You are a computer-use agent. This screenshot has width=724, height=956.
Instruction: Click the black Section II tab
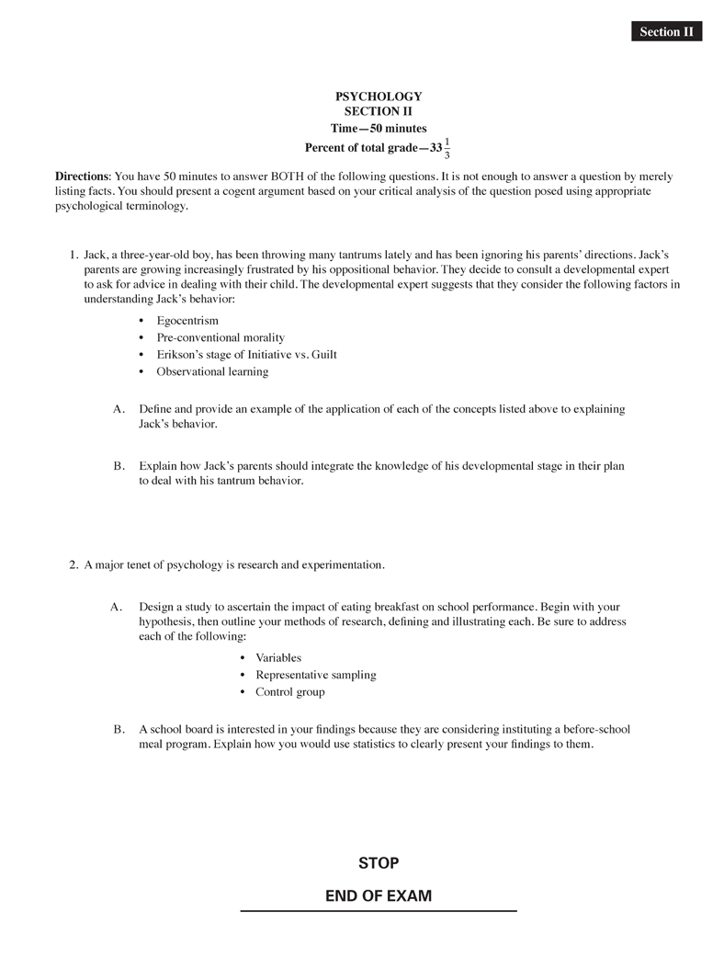coord(666,32)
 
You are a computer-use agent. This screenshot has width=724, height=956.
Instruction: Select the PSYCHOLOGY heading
coord(379,97)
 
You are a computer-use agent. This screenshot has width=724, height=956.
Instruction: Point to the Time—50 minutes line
coord(379,129)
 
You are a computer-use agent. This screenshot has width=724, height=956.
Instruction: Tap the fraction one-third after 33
coord(447,148)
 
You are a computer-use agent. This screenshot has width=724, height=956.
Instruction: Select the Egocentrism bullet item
coord(187,321)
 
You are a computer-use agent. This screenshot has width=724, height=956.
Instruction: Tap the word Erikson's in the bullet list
coord(182,355)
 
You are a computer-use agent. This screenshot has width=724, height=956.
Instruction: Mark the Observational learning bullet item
coord(212,371)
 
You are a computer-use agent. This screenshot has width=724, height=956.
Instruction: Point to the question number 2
coord(74,565)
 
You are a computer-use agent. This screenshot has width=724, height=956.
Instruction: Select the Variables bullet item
coord(278,658)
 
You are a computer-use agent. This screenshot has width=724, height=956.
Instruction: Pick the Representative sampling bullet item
coord(316,675)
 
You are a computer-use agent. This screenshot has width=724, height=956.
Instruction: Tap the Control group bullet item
coord(289,692)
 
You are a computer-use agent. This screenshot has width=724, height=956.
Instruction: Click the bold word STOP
coord(379,863)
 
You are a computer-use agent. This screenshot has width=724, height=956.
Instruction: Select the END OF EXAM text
coord(379,895)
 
